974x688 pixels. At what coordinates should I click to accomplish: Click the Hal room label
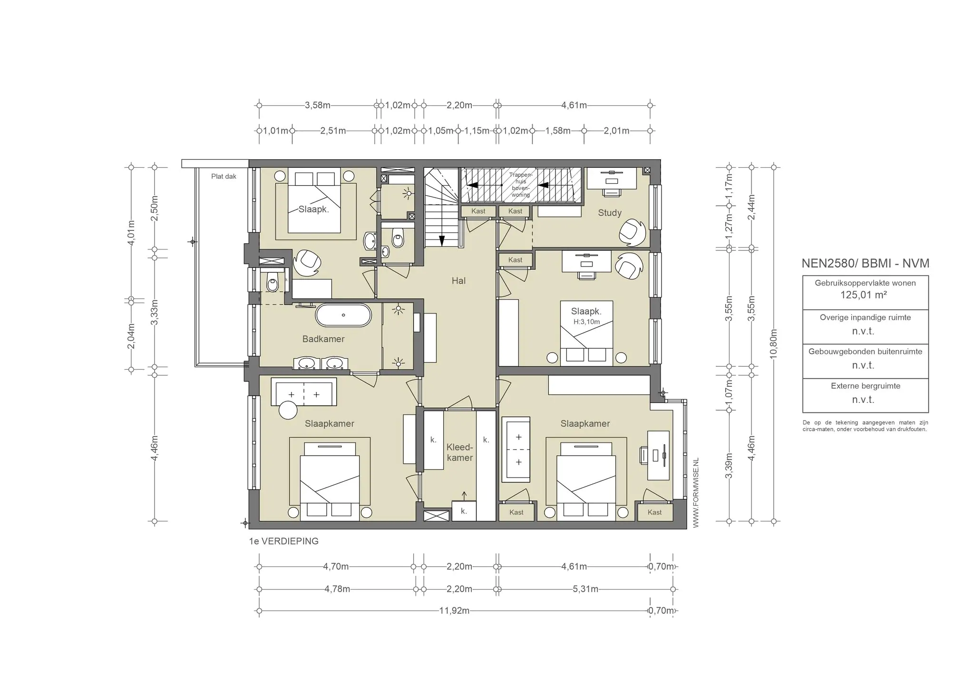tap(458, 281)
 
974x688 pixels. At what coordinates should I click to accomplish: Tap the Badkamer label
tap(323, 339)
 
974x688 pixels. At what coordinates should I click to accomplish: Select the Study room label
tap(610, 213)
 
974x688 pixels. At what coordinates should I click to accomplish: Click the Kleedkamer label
tap(460, 452)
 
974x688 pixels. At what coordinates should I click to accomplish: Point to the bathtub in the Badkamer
tap(343, 315)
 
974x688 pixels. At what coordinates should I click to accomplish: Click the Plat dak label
tap(224, 176)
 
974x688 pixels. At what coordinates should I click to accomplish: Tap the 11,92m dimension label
tap(454, 611)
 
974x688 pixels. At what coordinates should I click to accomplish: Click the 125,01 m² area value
tap(864, 295)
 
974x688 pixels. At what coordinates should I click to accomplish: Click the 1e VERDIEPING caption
tap(284, 541)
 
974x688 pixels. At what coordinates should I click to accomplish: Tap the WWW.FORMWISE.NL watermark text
tap(696, 493)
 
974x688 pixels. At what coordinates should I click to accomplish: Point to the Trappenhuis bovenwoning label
tap(521, 185)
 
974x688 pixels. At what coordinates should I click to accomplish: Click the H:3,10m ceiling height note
tap(586, 322)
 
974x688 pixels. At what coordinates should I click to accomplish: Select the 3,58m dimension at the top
tap(318, 105)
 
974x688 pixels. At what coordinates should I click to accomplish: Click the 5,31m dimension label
tap(585, 589)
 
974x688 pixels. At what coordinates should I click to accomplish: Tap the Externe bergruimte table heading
tap(866, 386)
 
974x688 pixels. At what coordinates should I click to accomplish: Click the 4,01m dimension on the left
tap(131, 234)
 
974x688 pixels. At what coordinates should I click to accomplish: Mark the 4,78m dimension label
tap(337, 589)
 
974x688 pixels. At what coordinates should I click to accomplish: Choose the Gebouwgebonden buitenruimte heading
tap(866, 352)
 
